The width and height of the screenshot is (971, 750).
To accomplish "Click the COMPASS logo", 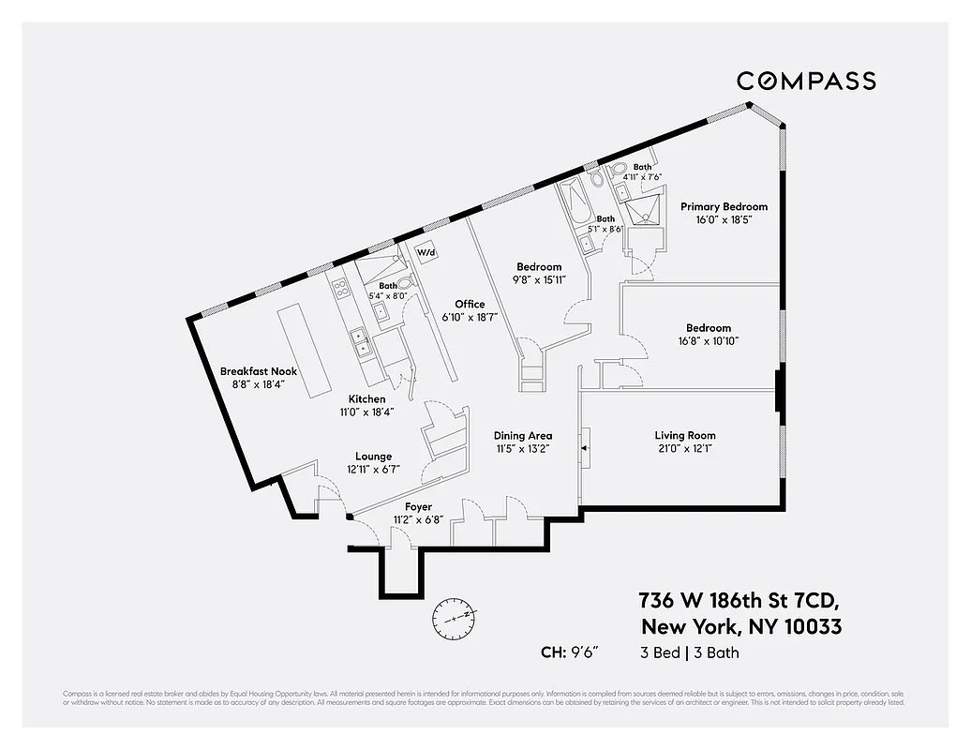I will point(806,82).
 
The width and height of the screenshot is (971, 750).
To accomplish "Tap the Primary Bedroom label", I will point(724,207).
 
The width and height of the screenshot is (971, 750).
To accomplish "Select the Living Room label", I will point(684,435).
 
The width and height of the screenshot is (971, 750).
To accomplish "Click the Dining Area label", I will point(523,435).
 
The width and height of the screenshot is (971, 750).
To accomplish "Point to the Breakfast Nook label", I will point(258,372).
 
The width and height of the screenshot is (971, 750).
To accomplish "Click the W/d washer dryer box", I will point(426,253).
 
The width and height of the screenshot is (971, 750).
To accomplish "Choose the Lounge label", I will point(373,457).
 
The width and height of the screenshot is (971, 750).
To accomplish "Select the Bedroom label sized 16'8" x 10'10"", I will point(708,328).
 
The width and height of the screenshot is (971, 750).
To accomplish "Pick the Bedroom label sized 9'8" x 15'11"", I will point(539,267).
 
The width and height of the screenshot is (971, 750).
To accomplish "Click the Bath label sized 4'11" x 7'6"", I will point(642,167).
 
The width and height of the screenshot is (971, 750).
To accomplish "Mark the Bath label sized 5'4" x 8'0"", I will point(388,286).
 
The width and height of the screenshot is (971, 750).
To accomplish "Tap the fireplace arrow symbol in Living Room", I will point(585,449).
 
